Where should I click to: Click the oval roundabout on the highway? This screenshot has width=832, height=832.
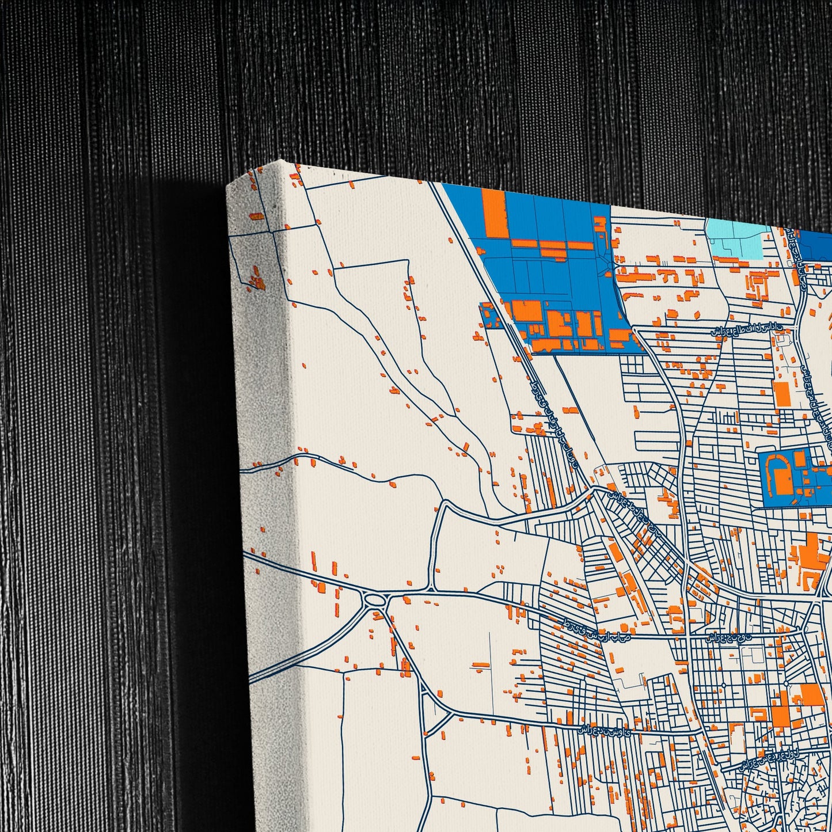point(375,601)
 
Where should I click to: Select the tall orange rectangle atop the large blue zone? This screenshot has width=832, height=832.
point(494,213)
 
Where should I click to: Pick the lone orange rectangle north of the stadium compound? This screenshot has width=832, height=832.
point(781,394)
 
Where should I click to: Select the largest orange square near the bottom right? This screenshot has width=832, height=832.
point(811,695)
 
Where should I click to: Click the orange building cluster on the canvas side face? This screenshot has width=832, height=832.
point(256,279)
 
